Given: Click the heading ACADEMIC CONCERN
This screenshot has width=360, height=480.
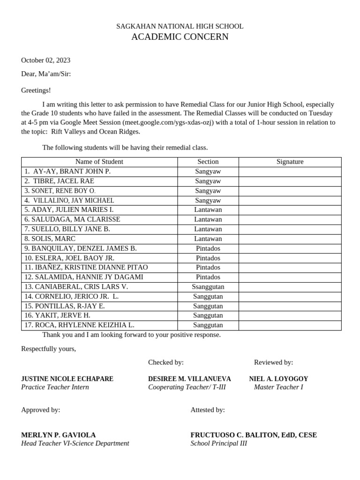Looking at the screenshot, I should pos(180,37).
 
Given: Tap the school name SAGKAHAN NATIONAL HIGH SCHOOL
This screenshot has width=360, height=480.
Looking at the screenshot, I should pos(180,26).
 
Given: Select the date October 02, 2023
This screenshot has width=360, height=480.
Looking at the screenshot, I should pos(45,60).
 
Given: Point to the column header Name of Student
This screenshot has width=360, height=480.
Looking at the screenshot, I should pos(99,162).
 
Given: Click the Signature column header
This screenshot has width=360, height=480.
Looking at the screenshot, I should pos(290,162).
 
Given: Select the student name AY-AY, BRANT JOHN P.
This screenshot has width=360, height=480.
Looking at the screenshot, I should pos(71,172).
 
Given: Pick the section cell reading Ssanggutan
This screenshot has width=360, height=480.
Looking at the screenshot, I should pos(208,286).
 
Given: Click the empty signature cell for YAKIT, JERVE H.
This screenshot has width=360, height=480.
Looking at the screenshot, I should pos(290,315).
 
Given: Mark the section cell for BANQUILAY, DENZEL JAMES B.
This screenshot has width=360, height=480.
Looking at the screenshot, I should pos(208,248).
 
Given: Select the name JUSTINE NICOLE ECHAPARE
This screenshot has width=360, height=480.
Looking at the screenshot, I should pos(67,379).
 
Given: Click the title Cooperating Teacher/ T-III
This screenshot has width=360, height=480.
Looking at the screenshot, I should pos(187,387).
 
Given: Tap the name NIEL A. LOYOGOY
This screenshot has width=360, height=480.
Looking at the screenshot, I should pos(278,379).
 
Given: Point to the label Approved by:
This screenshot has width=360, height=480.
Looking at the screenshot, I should pos(40,410).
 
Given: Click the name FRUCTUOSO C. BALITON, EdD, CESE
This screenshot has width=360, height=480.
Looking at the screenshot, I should pos(254,435).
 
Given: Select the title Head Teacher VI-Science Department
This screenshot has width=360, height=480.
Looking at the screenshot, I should pos(75,443).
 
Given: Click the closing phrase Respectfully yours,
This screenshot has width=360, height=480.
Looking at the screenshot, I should pos(48,349).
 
